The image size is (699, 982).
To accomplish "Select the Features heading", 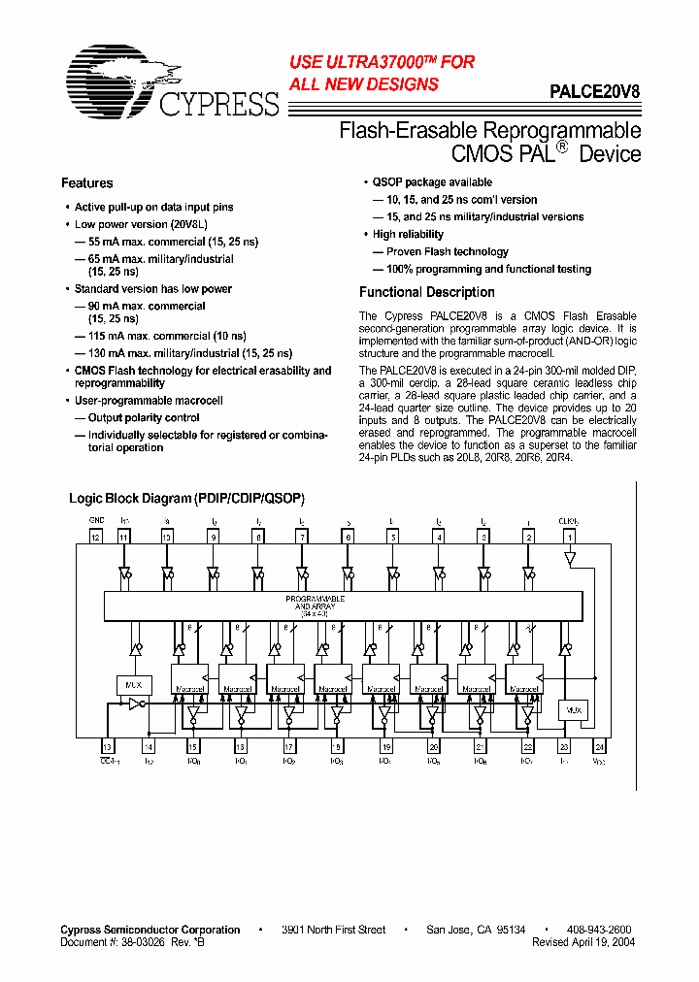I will pos(87,183).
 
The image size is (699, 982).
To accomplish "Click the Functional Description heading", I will pos(427,292).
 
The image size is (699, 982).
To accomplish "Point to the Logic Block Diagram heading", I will pos(186,499).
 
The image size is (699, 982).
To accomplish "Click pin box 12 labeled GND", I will pos(95,536).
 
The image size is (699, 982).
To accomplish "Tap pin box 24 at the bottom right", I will pos(600,746).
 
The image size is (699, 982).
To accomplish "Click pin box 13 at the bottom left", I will pos(107,746).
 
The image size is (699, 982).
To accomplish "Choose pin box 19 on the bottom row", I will pos(386,746).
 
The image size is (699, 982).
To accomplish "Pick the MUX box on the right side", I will pos(574,709).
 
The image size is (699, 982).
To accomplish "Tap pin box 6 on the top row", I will pos(348,536).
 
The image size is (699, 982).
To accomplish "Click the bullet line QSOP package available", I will pos(433,182).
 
